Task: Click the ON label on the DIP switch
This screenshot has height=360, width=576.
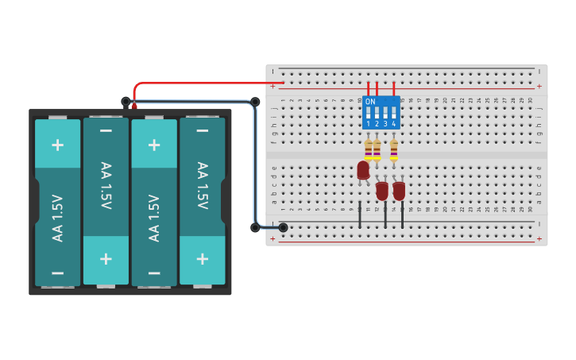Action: (370, 102)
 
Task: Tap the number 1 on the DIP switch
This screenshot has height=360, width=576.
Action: (369, 124)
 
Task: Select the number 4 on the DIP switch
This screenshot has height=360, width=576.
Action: (393, 124)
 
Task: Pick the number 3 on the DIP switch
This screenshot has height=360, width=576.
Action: (385, 124)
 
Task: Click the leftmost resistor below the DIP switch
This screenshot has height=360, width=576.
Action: (369, 149)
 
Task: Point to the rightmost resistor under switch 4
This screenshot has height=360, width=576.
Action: (394, 149)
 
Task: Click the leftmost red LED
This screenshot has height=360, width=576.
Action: (363, 170)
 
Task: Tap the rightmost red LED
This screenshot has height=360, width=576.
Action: (399, 191)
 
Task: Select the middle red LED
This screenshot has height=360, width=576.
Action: (382, 191)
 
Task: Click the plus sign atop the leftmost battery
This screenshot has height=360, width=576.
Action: (57, 144)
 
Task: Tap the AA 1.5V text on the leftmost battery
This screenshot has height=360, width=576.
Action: (57, 218)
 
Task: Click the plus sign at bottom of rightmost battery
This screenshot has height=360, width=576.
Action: (202, 258)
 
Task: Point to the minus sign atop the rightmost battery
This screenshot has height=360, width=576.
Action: (202, 130)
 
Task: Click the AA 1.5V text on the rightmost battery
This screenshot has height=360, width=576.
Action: (202, 186)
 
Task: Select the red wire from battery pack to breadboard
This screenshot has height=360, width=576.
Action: (207, 83)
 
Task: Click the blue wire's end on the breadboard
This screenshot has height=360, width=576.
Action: (283, 227)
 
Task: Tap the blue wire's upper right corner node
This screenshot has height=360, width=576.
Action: (255, 102)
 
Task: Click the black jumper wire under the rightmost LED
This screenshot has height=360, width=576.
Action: (402, 215)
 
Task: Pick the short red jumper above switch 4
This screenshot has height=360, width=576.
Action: (394, 89)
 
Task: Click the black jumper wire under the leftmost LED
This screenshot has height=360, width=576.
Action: (360, 215)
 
